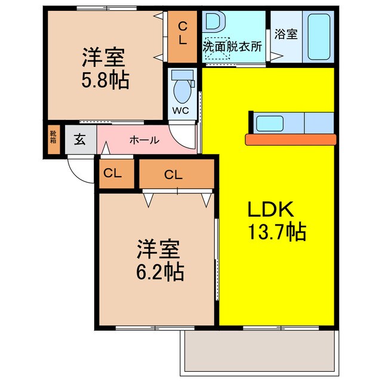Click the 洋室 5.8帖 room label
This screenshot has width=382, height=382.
point(104,69)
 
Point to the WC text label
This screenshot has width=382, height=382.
point(181,110)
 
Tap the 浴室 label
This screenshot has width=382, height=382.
point(285,35)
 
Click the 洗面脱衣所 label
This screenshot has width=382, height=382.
point(232,46)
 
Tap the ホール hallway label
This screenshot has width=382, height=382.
point(144,140)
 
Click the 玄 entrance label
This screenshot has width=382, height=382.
point(80,141)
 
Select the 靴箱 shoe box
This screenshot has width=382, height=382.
point(53,139)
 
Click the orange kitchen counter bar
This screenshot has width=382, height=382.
point(291,139)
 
